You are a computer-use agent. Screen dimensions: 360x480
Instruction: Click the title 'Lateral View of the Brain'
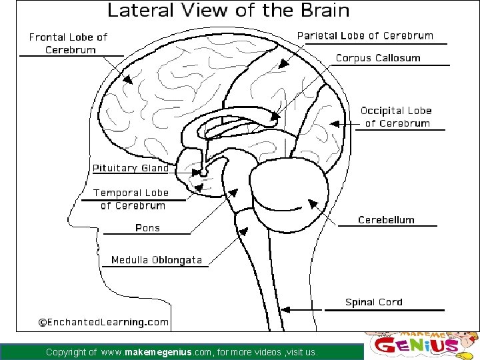[228, 11]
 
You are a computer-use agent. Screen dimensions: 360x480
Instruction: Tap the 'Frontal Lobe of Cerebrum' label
[68, 43]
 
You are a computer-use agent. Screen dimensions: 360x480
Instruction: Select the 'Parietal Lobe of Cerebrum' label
[365, 36]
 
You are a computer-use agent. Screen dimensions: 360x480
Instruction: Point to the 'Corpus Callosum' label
[378, 58]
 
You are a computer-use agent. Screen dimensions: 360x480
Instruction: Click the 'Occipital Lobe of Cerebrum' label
[396, 117]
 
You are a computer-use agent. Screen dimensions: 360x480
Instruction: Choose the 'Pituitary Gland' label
[131, 168]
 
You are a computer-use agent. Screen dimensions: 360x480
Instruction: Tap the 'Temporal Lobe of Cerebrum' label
[131, 199]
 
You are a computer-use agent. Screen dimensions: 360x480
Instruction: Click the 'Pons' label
[147, 228]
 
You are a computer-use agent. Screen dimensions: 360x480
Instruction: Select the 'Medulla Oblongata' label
[156, 260]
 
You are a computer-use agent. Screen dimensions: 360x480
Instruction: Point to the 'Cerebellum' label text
[386, 220]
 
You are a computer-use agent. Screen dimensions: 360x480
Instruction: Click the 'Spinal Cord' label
[374, 302]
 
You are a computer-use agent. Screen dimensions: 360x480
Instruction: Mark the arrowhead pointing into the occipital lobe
[333, 123]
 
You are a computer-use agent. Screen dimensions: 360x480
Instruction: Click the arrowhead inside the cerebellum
[311, 202]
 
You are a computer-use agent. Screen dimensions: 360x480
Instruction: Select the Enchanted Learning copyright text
[103, 322]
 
